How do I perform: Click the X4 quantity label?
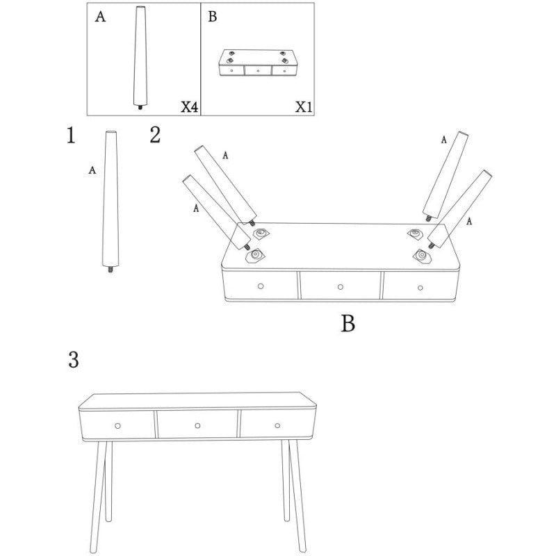click(189, 106)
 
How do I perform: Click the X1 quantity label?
click(304, 106)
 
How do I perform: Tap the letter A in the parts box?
click(100, 17)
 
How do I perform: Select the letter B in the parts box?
click(213, 16)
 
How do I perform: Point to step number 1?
click(71, 135)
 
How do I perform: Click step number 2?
click(155, 135)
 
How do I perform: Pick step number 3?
click(74, 360)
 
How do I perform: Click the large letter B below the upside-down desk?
click(348, 323)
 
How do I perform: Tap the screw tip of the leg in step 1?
click(111, 270)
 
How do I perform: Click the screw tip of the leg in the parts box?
click(140, 107)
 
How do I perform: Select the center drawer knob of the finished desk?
click(197, 425)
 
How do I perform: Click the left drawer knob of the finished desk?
click(117, 425)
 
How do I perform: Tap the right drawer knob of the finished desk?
click(277, 425)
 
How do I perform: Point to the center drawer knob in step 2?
click(341, 287)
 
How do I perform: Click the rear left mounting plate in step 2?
click(261, 234)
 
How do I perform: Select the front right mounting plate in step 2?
click(422, 255)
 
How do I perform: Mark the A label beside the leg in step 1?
click(92, 170)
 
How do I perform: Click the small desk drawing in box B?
click(258, 63)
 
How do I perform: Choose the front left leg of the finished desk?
click(98, 496)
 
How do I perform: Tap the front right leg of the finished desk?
click(298, 496)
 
